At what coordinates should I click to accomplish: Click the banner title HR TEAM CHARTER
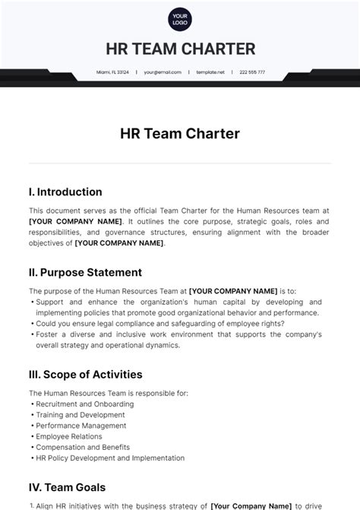[x=180, y=49]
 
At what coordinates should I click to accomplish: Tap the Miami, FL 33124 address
[x=112, y=72]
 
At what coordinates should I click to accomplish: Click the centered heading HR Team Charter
[x=180, y=134]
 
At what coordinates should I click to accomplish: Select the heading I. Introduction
[x=65, y=192]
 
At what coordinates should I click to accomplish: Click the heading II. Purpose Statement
[x=85, y=271]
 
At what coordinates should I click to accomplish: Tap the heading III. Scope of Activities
[x=85, y=375]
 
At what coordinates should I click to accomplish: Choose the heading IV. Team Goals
[x=67, y=487]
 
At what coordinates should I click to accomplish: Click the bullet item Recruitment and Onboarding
[x=85, y=404]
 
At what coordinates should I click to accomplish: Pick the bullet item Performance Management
[x=81, y=426]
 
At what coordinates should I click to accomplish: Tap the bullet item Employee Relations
[x=71, y=436]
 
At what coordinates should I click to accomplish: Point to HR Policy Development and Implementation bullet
[x=110, y=458]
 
